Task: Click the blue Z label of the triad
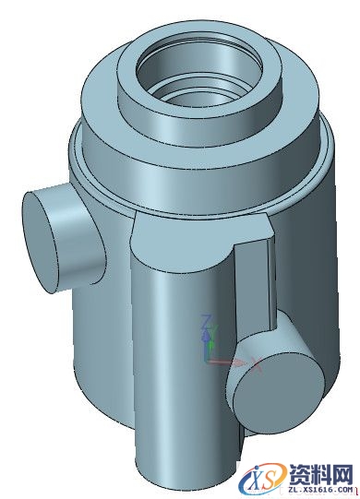[208, 322]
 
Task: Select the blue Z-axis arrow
[210, 339]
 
